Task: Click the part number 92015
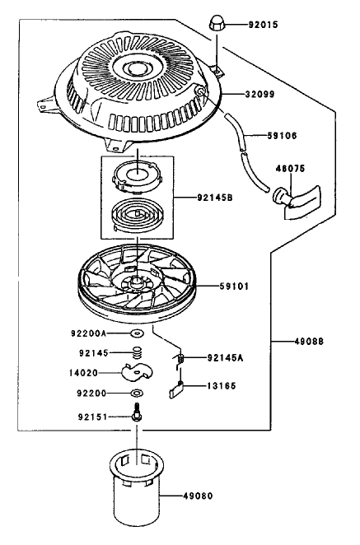pos(263,25)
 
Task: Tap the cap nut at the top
pos(216,22)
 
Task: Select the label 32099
pos(259,94)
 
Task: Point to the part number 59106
pos(282,135)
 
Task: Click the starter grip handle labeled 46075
pos(297,202)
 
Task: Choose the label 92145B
pos(215,198)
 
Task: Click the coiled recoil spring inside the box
pos(138,214)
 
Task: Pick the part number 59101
pos(234,286)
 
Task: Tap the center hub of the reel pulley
pos(137,281)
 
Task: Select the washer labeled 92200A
pos(138,333)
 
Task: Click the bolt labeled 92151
pos(138,412)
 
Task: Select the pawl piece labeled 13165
pos(176,390)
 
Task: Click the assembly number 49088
pos(309,342)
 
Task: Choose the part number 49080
pos(198,496)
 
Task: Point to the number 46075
pos(291,169)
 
